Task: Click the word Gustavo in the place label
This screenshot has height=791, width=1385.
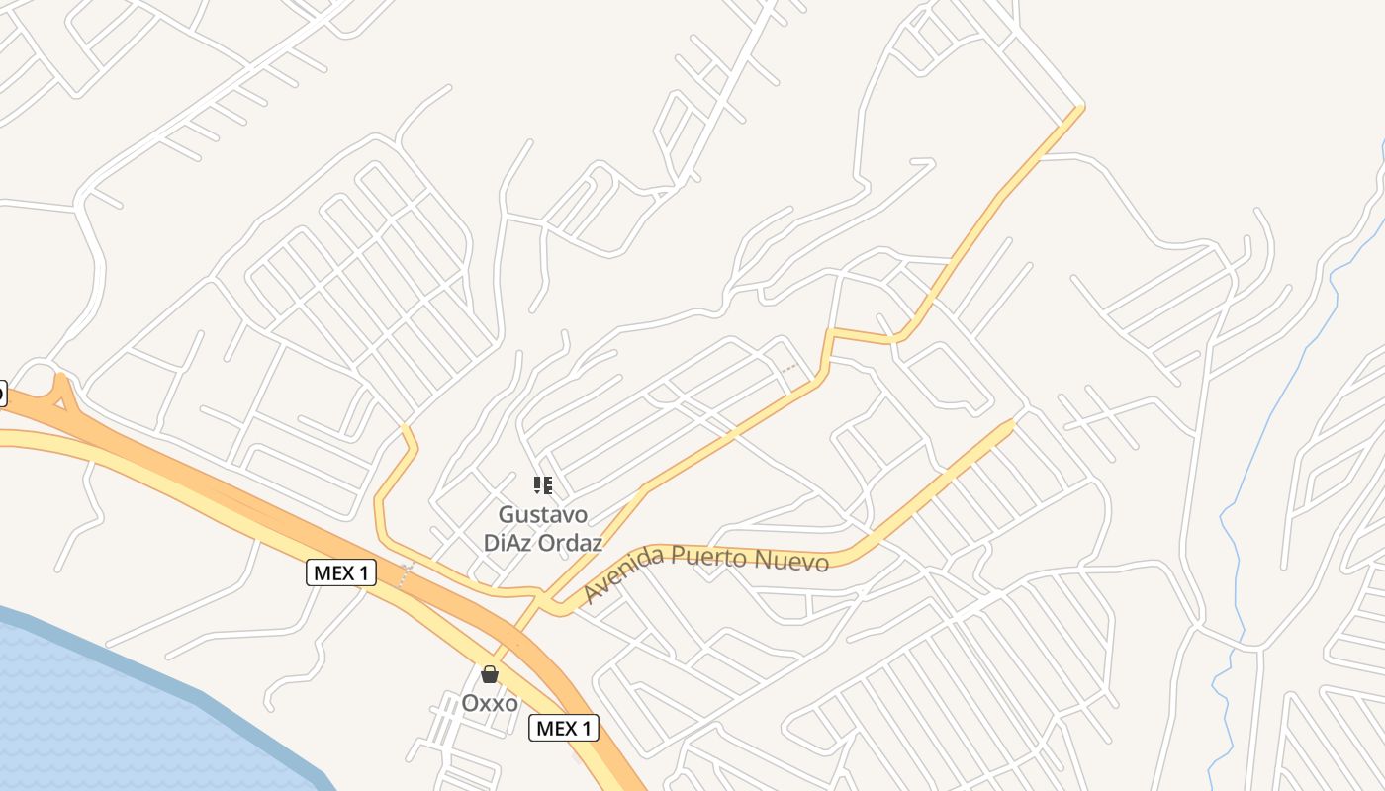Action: tap(542, 515)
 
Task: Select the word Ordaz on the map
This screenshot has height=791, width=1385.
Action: tap(569, 543)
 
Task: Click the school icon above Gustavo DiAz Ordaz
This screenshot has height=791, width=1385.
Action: tap(542, 484)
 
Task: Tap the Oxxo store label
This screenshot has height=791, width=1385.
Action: tap(490, 703)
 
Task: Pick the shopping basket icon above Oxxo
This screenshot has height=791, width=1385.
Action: tap(490, 675)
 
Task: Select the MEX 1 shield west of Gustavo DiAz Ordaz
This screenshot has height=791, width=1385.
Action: tap(341, 571)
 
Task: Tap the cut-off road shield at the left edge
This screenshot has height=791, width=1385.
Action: tap(2, 394)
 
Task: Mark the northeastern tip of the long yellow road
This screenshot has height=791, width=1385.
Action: tap(1079, 108)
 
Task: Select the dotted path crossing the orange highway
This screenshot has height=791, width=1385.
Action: tap(403, 573)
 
